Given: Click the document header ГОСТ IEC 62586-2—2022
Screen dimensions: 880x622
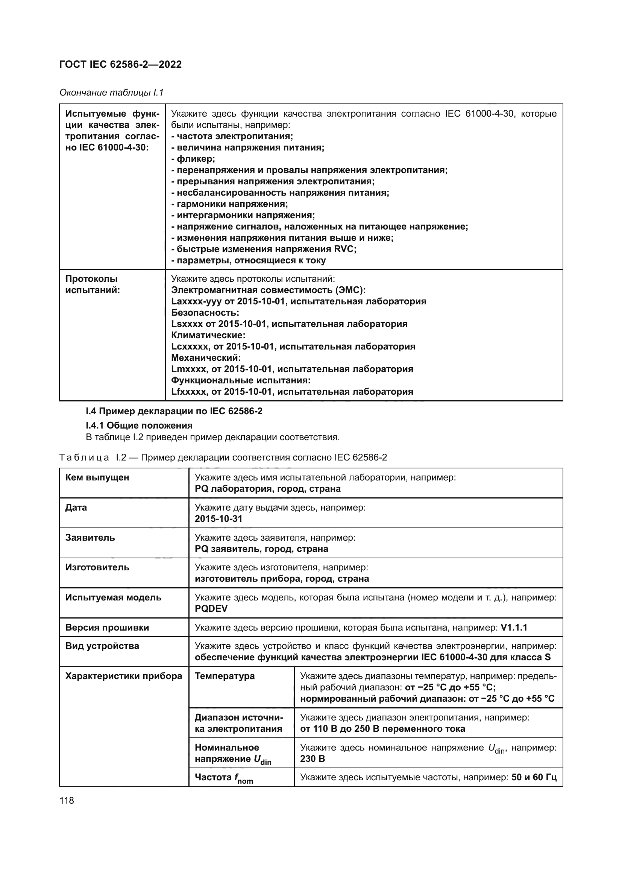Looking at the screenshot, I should coord(120,64).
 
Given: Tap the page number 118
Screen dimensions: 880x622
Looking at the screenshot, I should coord(67,800).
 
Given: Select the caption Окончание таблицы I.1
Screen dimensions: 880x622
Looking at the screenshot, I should coord(111,93).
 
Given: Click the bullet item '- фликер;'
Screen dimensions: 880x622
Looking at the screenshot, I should coord(193,159).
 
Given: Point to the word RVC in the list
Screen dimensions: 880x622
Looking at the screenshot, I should coord(344,249).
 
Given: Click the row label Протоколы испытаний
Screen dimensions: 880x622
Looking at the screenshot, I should coord(92,284).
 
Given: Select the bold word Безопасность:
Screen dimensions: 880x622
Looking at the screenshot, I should coord(205,312).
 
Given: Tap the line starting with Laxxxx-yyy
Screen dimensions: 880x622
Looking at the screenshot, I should coord(298,301).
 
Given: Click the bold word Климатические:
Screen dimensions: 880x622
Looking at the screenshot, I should coord(208,335).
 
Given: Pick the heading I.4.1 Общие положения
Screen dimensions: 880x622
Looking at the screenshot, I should coord(139,426).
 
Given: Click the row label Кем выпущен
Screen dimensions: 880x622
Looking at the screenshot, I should coord(97,477).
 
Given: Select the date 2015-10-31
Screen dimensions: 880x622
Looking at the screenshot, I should coord(218,518).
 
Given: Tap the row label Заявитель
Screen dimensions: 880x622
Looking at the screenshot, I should coord(90,537).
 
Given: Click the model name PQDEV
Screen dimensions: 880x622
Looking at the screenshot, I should coord(211,609).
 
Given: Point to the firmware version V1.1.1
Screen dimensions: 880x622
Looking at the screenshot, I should coord(514,628).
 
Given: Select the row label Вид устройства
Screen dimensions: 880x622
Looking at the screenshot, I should coord(102,646).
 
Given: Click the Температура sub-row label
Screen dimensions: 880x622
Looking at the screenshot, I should coord(225,676).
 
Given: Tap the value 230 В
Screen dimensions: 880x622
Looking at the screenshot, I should coord(313,758).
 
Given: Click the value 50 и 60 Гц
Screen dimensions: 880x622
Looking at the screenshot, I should coord(534,777).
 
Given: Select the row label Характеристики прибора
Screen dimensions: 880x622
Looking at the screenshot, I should coord(123,676).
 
